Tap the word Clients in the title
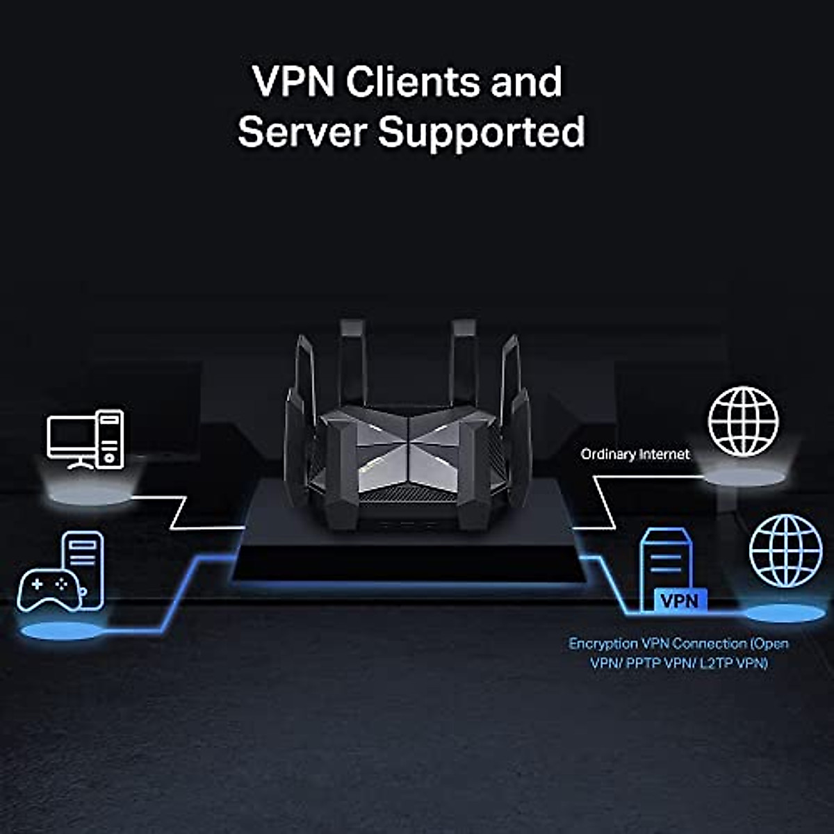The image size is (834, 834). click(411, 82)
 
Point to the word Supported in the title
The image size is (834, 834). click(481, 133)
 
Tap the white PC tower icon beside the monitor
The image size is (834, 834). click(110, 438)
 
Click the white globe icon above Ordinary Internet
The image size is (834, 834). click(743, 422)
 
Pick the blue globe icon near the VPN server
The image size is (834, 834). click(786, 551)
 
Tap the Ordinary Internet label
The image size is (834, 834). click(635, 455)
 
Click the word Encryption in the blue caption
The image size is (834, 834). click(603, 644)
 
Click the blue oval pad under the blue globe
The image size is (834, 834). click(785, 613)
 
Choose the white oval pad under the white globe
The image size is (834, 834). click(743, 477)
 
